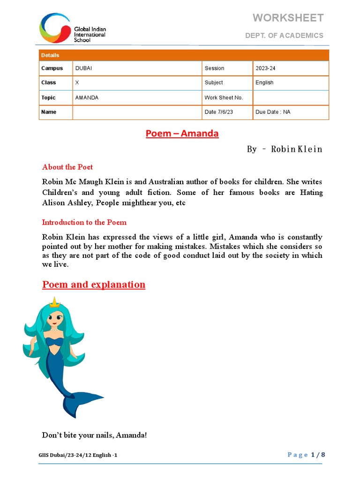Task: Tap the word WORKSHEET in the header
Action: coord(288,18)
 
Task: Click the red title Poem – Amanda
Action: coord(182,134)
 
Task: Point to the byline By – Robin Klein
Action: coord(285,149)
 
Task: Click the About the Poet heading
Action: coord(67,167)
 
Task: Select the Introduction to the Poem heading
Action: coord(84,222)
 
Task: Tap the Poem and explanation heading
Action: coord(94,285)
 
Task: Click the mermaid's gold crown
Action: coord(55,302)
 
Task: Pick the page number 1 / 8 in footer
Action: coord(317,455)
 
